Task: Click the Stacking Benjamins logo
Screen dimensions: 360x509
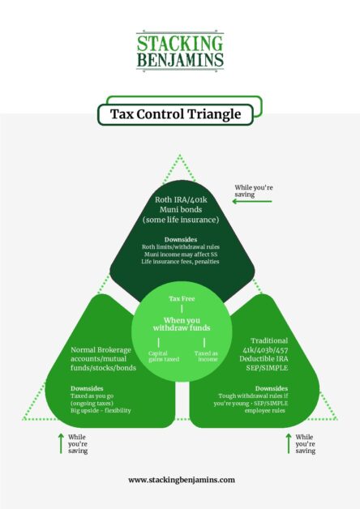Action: click(x=180, y=51)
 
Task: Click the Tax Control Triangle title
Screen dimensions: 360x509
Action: click(x=175, y=114)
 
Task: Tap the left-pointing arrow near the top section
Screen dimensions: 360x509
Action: click(x=252, y=202)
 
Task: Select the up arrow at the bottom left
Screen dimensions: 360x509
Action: click(x=61, y=443)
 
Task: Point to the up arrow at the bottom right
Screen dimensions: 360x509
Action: click(x=289, y=443)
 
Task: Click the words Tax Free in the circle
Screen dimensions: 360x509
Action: click(x=182, y=298)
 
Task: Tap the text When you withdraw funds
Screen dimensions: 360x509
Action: click(x=182, y=324)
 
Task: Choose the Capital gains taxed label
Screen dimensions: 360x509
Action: click(x=164, y=357)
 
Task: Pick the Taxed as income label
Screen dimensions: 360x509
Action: click(x=206, y=356)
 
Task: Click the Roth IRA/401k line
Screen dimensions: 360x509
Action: click(x=181, y=199)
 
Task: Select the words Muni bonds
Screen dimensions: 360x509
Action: click(x=181, y=210)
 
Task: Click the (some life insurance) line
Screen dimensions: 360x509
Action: click(x=181, y=220)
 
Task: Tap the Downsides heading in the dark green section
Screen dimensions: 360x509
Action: click(x=181, y=240)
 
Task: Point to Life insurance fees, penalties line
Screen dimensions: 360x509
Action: click(x=181, y=261)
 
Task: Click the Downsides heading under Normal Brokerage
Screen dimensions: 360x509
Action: click(x=87, y=388)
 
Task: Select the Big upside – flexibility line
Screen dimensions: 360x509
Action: click(x=101, y=410)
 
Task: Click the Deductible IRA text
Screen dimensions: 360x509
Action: click(x=264, y=359)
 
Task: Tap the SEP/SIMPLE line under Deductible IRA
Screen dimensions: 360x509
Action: click(x=267, y=368)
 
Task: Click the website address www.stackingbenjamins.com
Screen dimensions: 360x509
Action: click(x=182, y=480)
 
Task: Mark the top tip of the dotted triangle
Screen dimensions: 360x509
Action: click(x=180, y=155)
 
